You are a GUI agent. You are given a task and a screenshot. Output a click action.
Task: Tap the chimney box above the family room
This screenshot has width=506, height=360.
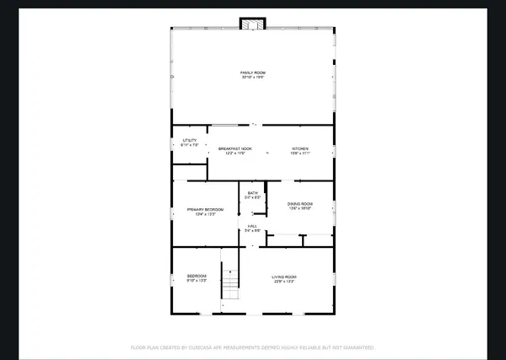click(x=250, y=23)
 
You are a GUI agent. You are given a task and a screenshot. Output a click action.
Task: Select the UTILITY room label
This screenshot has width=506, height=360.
click(x=190, y=140)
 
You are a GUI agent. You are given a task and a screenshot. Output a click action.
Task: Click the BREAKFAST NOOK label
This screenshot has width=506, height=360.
click(x=234, y=148)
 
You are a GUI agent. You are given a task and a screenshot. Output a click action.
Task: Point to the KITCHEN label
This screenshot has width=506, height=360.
click(x=301, y=148)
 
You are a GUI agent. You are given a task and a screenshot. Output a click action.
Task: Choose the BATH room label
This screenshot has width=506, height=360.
click(x=252, y=193)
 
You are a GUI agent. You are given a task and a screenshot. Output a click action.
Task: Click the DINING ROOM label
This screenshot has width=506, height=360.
click(x=301, y=204)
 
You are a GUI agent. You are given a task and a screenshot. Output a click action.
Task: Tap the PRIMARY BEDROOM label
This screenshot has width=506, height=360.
click(x=205, y=209)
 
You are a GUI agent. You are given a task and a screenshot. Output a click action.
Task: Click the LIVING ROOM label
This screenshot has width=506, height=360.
click(x=283, y=277)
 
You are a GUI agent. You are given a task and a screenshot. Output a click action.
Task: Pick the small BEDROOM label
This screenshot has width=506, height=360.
click(x=196, y=277)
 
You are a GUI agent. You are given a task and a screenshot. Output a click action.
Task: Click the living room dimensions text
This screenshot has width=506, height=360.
click(x=283, y=282)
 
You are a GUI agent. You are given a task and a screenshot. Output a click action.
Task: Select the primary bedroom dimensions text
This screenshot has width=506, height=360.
click(x=205, y=214)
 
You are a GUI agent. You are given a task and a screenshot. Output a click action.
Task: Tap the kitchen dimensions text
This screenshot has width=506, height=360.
click(x=301, y=153)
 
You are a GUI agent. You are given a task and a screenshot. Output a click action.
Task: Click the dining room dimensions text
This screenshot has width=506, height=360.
click(x=301, y=209)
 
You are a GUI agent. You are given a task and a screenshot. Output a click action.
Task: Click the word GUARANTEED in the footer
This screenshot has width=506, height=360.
click(x=354, y=347)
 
